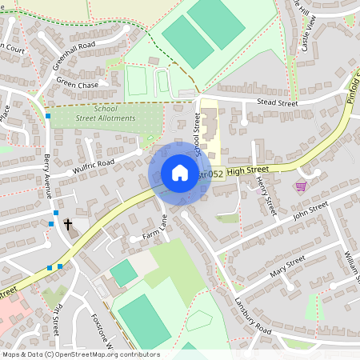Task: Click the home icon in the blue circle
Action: [x=179, y=173]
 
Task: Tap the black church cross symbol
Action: [x=68, y=224]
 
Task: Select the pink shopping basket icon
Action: [x=301, y=186]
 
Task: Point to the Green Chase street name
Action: [x=77, y=85]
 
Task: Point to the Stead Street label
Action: [x=277, y=103]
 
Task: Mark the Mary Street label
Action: [x=288, y=265]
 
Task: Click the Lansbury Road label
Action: [x=254, y=315]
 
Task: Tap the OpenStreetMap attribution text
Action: [x=80, y=354]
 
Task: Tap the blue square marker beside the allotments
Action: [x=49, y=116]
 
